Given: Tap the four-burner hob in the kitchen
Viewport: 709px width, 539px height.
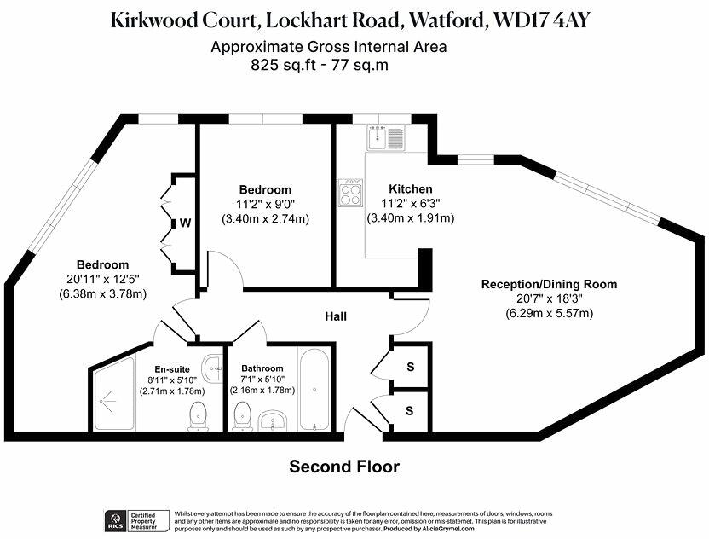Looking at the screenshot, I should click(350, 193).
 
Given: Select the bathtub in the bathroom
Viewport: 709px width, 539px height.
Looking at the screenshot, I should click(314, 388).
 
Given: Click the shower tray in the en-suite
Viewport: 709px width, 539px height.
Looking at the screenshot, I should click(112, 396).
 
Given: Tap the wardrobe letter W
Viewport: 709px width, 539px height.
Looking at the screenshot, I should click(183, 223).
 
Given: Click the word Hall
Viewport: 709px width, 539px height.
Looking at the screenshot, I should click(336, 316).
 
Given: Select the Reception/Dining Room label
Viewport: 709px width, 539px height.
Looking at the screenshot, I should click(549, 284).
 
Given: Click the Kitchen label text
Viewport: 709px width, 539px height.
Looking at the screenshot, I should click(411, 188).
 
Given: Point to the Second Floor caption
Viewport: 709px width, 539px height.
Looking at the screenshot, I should click(344, 467).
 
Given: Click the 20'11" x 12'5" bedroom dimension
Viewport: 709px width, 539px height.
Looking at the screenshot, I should click(101, 279).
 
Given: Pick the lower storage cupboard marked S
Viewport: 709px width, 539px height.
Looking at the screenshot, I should click(410, 411).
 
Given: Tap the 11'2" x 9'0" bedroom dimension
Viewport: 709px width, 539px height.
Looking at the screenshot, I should click(265, 204).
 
